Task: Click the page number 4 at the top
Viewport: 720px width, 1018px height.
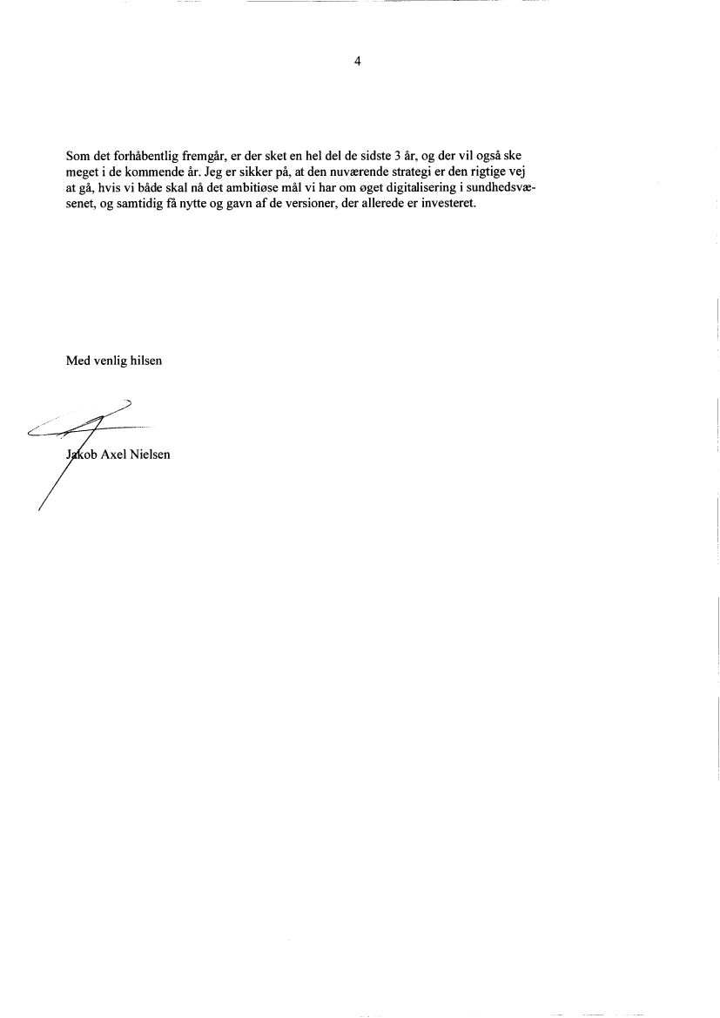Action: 357,61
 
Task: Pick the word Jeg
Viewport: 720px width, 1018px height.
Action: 212,172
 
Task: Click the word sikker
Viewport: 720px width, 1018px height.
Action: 254,172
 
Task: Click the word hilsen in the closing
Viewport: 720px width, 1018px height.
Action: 145,361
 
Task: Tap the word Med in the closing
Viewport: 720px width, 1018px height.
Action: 77,361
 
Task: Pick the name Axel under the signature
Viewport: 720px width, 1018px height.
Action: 113,454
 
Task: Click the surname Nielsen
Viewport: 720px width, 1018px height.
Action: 150,454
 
